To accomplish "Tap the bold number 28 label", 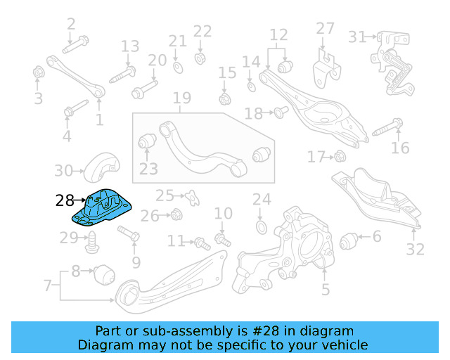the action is tap(65, 201).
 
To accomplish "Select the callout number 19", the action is tap(182, 98).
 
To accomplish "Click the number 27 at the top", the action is tap(325, 28).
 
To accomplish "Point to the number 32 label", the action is tap(416, 248).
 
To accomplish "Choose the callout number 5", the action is tap(325, 288).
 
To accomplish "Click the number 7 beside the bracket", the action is tap(48, 285).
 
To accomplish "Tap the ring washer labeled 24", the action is tap(261, 226).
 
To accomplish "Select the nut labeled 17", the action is tap(338, 156).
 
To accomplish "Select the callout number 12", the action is tap(279, 34).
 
